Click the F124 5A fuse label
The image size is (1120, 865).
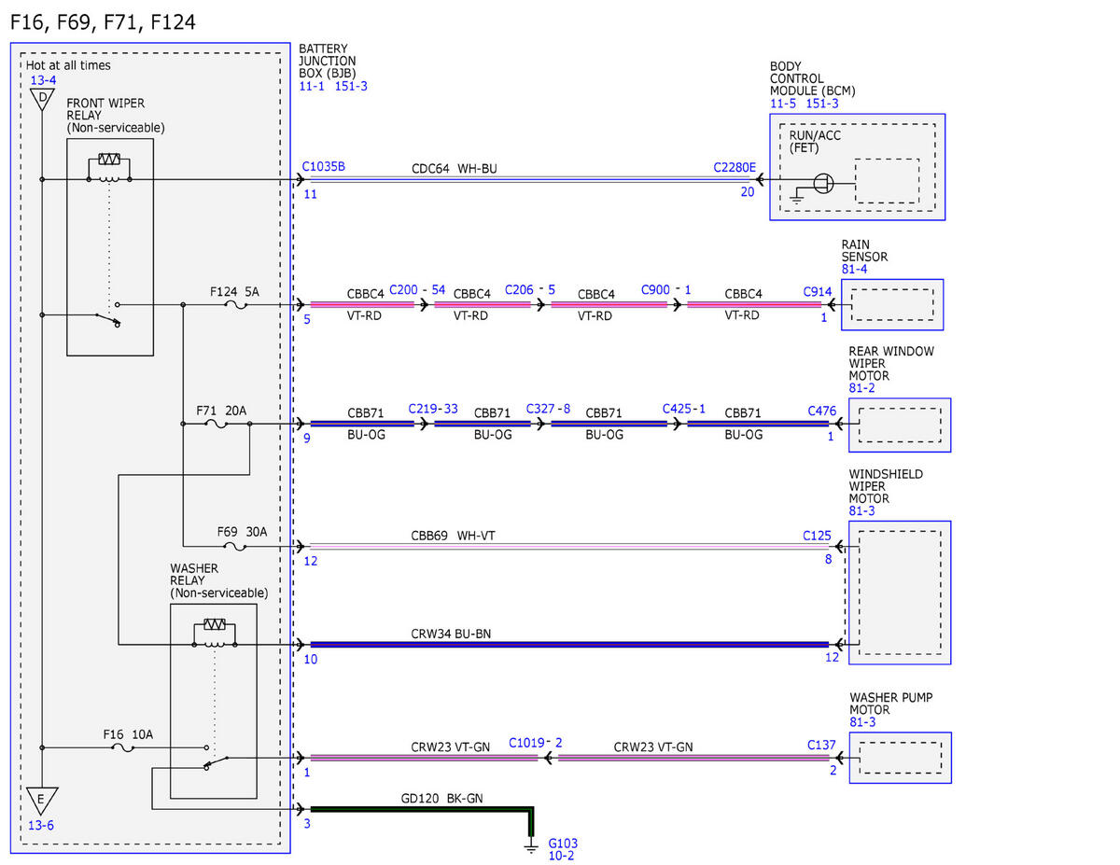(x=234, y=292)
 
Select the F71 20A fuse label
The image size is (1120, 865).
(x=221, y=411)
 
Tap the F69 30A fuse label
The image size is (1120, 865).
(x=242, y=532)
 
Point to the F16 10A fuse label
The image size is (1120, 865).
(x=128, y=734)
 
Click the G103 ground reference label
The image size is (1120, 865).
(x=562, y=844)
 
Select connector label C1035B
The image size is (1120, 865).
(x=323, y=166)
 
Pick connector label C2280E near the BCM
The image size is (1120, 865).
(x=734, y=167)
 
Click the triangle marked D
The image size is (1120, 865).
(x=42, y=99)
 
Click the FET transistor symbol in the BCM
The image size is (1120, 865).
(x=822, y=183)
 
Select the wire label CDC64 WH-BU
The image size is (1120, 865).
(x=455, y=169)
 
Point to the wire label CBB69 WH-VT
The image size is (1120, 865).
(x=453, y=536)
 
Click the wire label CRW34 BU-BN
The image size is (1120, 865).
(x=451, y=634)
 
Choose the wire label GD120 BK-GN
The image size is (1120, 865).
(x=441, y=798)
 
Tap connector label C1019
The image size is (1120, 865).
(x=526, y=743)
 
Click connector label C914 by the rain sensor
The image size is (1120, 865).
(x=817, y=292)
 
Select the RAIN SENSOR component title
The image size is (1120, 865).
(x=864, y=250)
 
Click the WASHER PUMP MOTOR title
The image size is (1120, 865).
(x=890, y=704)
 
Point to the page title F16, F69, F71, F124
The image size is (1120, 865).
(x=103, y=22)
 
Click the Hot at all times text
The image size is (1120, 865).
(x=68, y=65)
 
